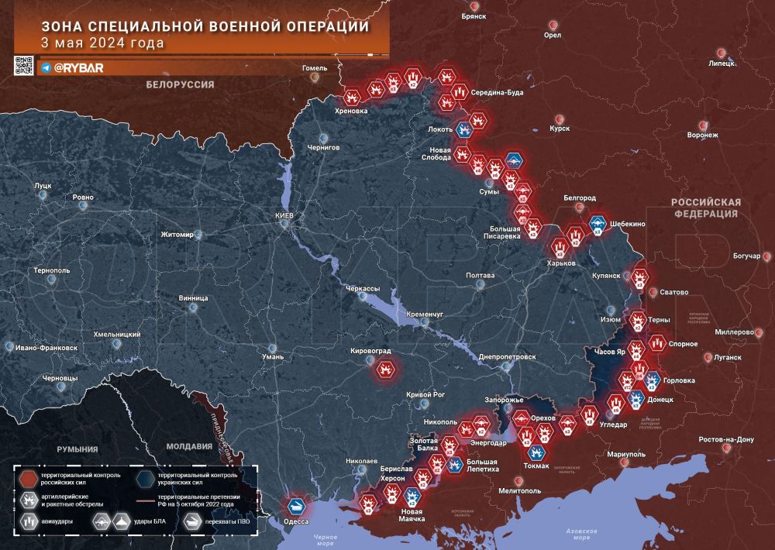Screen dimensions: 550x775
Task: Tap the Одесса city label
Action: tap(296, 521)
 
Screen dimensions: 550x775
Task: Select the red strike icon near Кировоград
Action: tap(385, 370)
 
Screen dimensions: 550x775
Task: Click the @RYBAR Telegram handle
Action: tap(78, 67)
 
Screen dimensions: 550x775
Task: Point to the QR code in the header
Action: tap(24, 66)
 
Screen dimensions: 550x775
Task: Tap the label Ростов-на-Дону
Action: tap(725, 439)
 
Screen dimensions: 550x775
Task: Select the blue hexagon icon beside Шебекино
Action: tap(598, 223)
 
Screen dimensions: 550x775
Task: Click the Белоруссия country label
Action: tap(179, 84)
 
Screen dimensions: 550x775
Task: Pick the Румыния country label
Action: tap(77, 449)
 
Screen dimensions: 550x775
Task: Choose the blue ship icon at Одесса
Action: tap(296, 505)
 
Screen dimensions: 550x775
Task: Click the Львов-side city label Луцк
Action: tap(42, 186)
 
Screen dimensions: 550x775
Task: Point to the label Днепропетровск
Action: tap(508, 356)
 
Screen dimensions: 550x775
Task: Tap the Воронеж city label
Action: tap(702, 135)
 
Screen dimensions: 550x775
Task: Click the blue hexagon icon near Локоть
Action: tap(463, 129)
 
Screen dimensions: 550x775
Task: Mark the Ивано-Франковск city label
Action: tap(42, 348)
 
